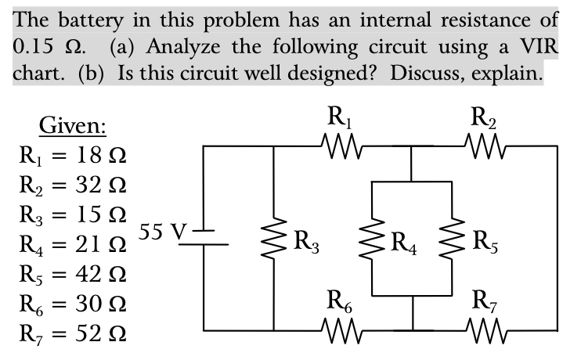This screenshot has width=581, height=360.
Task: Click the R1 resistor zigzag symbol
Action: tap(341, 146)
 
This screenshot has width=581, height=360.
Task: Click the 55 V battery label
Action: tap(162, 232)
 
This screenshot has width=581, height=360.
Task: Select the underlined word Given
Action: tap(74, 125)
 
